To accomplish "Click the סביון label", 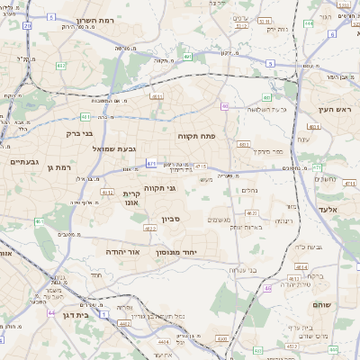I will click(x=171, y=219).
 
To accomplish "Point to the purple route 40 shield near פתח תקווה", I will click(x=224, y=106).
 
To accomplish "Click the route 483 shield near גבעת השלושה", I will click(x=266, y=96).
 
